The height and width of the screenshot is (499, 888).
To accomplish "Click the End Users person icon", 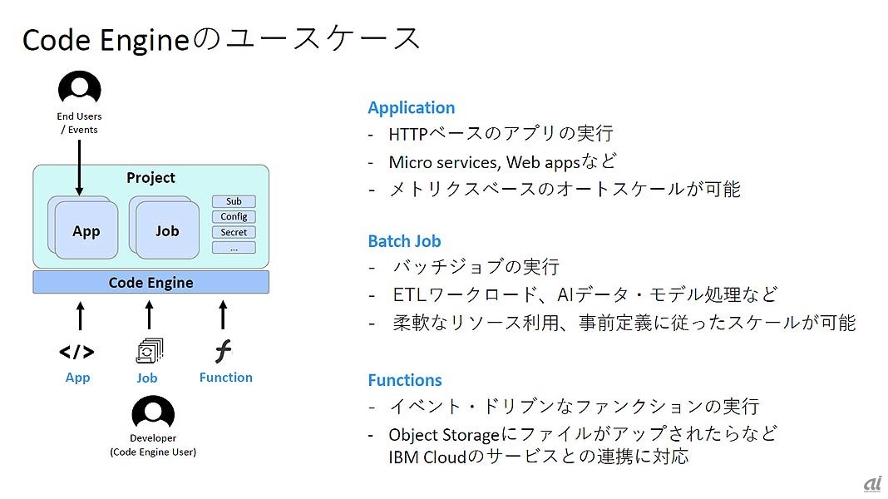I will tap(79, 89).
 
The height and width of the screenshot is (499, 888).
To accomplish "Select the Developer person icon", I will tap(153, 413).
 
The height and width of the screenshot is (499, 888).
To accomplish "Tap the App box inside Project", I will tap(86, 231).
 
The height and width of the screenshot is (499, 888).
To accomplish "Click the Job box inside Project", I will tap(167, 231).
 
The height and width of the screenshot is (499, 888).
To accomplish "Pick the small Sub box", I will tap(234, 201).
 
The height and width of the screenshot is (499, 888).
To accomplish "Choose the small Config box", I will tap(234, 217).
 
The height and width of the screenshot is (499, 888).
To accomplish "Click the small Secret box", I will tap(234, 233).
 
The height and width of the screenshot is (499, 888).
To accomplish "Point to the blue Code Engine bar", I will tap(150, 283).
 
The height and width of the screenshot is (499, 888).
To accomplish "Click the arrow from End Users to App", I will tap(79, 166).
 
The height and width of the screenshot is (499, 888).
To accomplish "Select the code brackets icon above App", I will tap(76, 352).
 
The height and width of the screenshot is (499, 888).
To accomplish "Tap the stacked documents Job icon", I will tap(149, 352).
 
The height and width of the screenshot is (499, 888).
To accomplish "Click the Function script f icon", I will tap(223, 352).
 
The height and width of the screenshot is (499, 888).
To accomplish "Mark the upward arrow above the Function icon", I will tap(223, 315).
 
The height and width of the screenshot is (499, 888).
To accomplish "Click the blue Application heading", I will tap(412, 107).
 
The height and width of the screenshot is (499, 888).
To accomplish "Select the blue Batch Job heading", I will tap(404, 241).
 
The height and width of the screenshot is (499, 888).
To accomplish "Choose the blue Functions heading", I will tap(405, 380).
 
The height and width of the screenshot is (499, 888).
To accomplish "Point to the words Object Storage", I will tap(444, 434).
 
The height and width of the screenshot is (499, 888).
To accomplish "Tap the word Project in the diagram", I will tap(150, 178).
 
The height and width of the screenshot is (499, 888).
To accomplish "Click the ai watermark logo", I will tap(872, 485).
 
